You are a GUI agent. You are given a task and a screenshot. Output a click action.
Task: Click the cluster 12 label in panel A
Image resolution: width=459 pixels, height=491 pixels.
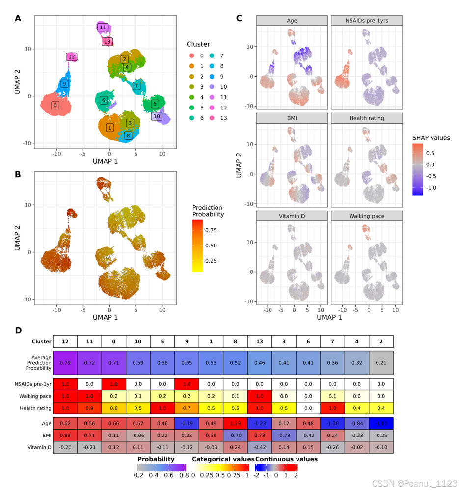(72, 57)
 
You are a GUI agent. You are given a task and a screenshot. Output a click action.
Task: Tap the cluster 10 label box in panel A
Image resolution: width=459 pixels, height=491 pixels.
(157, 116)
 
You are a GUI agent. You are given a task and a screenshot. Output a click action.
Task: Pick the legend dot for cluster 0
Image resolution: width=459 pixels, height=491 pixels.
(191, 56)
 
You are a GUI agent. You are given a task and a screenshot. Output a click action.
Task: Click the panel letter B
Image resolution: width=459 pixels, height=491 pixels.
(18, 174)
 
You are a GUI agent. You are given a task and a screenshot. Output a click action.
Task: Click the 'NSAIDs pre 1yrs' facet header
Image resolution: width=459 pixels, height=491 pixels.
(367, 21)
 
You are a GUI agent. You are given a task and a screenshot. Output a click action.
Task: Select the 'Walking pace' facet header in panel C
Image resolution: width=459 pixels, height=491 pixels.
(367, 216)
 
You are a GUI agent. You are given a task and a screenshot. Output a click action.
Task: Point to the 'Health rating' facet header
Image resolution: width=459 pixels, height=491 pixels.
(367, 118)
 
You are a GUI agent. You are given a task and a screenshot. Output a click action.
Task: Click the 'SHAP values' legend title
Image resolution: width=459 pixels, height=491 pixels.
(431, 138)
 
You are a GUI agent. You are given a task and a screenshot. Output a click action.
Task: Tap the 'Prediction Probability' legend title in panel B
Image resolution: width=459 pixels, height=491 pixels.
(208, 211)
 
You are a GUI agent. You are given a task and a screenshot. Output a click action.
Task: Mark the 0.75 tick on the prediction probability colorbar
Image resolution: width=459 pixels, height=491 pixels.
(212, 230)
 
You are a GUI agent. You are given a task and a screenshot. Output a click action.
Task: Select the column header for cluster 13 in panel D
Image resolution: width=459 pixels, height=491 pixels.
(260, 342)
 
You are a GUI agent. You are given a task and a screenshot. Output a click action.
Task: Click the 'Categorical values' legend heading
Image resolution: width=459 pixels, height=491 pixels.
(223, 459)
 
